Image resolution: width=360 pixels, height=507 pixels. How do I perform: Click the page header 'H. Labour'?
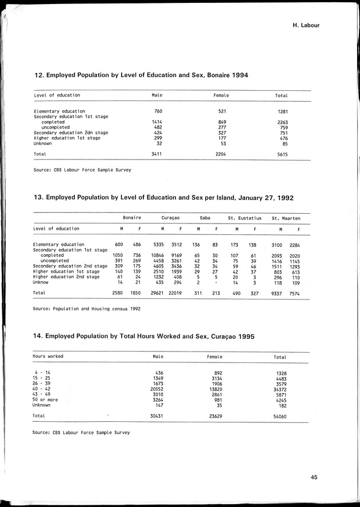306,25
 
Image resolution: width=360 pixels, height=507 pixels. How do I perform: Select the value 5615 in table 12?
282,154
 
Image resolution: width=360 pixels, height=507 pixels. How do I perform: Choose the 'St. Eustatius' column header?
245,218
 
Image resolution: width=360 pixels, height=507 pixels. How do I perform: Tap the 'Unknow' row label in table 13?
41,282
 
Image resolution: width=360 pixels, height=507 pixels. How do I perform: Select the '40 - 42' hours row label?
43,389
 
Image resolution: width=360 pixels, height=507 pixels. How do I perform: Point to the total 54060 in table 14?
279,416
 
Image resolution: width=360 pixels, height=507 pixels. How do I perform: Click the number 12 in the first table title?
39,75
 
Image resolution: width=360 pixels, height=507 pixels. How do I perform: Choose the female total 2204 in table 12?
221,154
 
